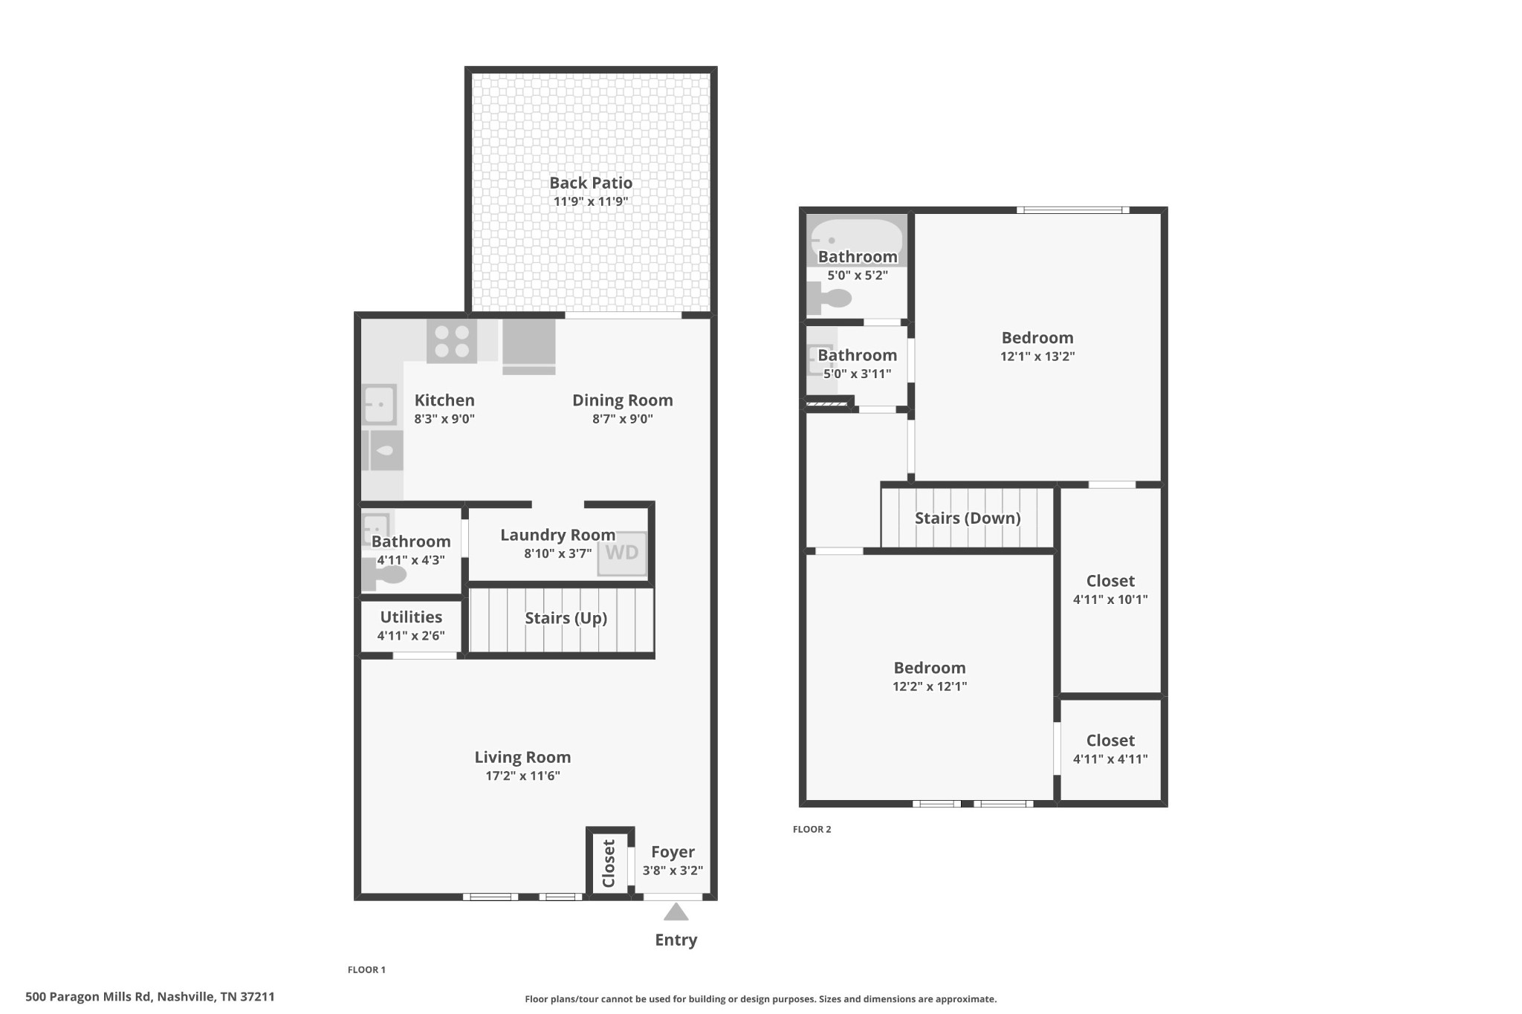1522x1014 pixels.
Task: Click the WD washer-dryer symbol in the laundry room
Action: (x=622, y=553)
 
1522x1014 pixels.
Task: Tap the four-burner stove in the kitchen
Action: (x=452, y=341)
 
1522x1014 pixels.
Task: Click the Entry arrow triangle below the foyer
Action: (x=676, y=911)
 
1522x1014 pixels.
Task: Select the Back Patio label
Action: (x=591, y=183)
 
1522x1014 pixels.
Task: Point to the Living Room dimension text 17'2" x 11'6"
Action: (x=522, y=776)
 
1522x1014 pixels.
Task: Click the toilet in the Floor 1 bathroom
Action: (x=384, y=574)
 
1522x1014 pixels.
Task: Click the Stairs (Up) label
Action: (x=566, y=618)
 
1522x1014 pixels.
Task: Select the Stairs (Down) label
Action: (x=968, y=518)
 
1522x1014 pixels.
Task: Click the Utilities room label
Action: (x=411, y=617)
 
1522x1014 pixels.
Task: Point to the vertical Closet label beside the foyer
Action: (x=609, y=863)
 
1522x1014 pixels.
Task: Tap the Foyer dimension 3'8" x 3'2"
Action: (x=673, y=871)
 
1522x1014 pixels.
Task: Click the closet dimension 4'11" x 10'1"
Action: (x=1110, y=599)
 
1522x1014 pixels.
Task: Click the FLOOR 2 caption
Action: (x=812, y=829)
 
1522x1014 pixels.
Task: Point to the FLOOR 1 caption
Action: (x=366, y=969)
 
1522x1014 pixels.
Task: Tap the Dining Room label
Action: (x=623, y=400)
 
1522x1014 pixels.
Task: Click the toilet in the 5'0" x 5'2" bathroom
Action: (x=829, y=299)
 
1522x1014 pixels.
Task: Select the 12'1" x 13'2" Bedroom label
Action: (x=1037, y=338)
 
